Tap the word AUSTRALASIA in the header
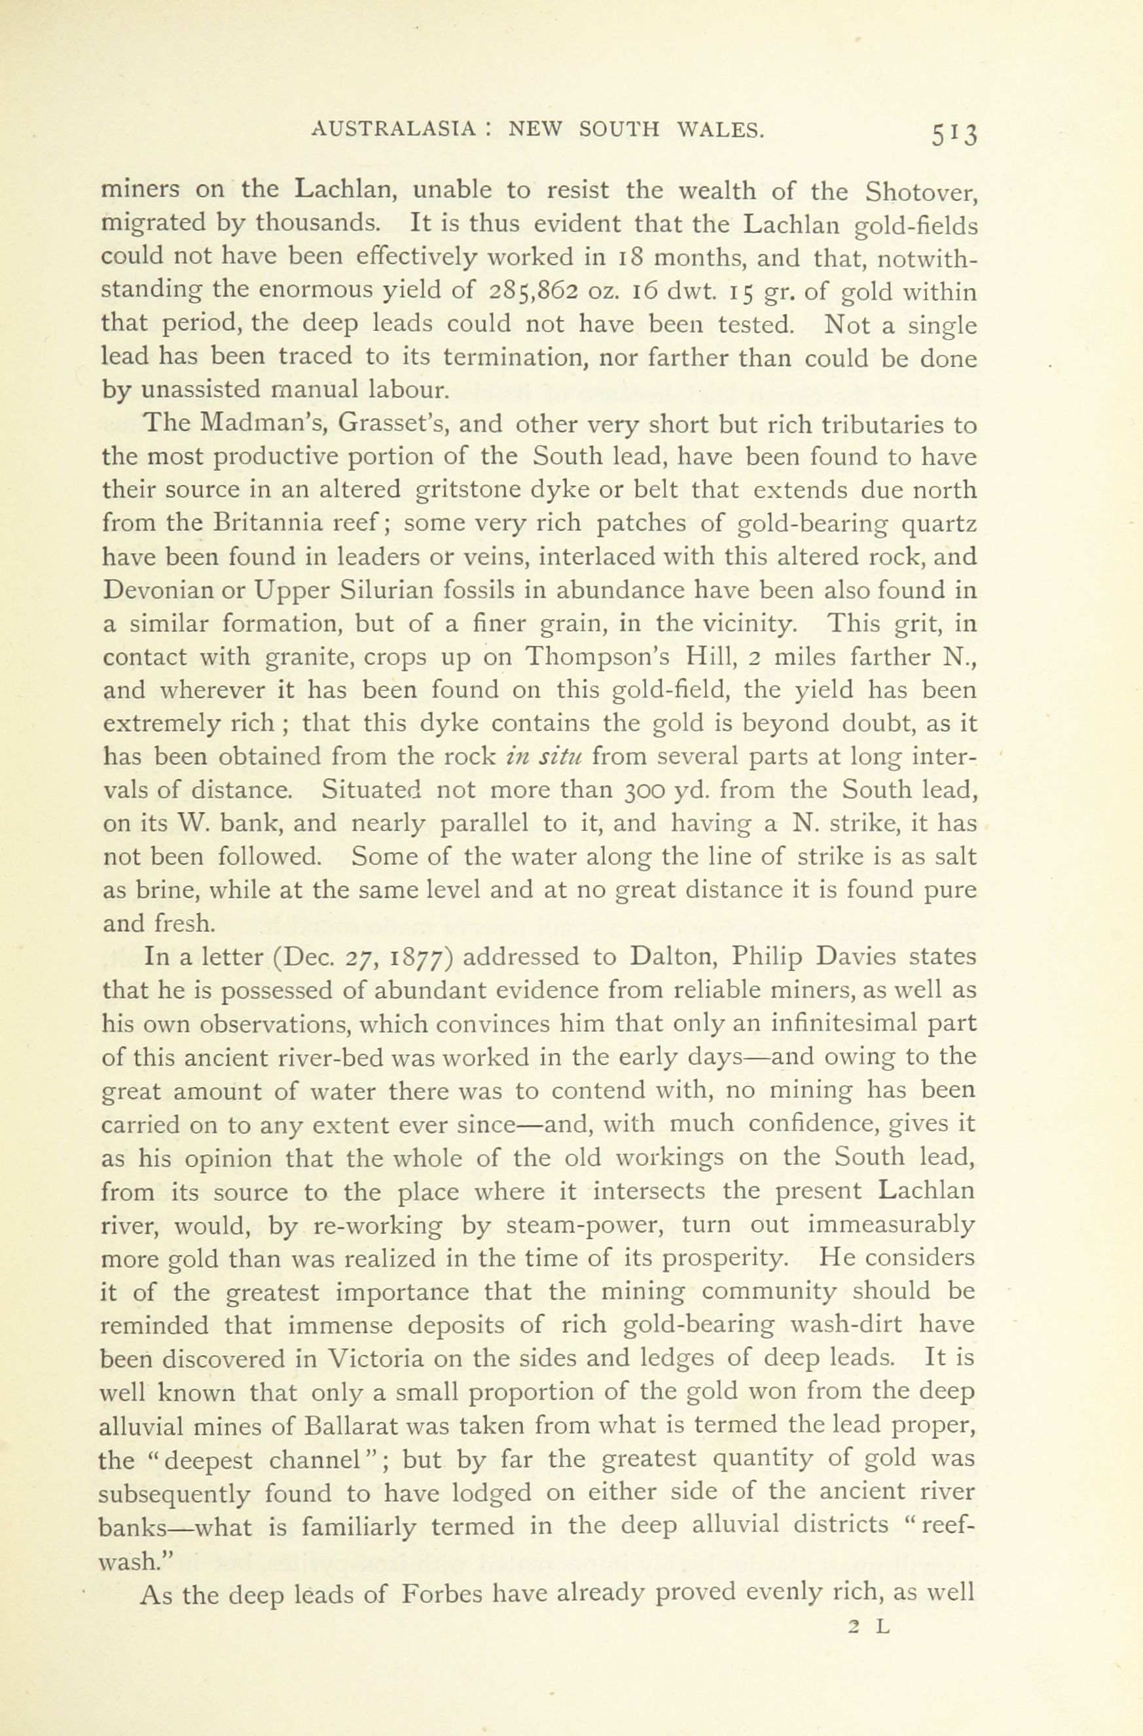tap(394, 130)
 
